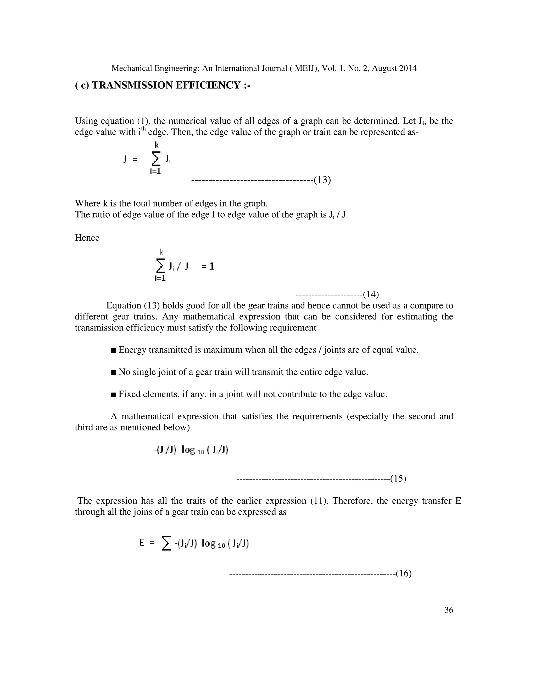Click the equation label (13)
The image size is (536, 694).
[322, 180]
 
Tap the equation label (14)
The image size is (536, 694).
[371, 295]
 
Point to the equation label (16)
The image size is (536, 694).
[404, 574]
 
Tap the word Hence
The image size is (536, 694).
[87, 238]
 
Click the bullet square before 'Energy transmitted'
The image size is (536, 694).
[113, 350]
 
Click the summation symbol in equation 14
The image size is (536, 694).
[161, 266]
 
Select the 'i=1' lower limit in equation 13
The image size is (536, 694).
[156, 171]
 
